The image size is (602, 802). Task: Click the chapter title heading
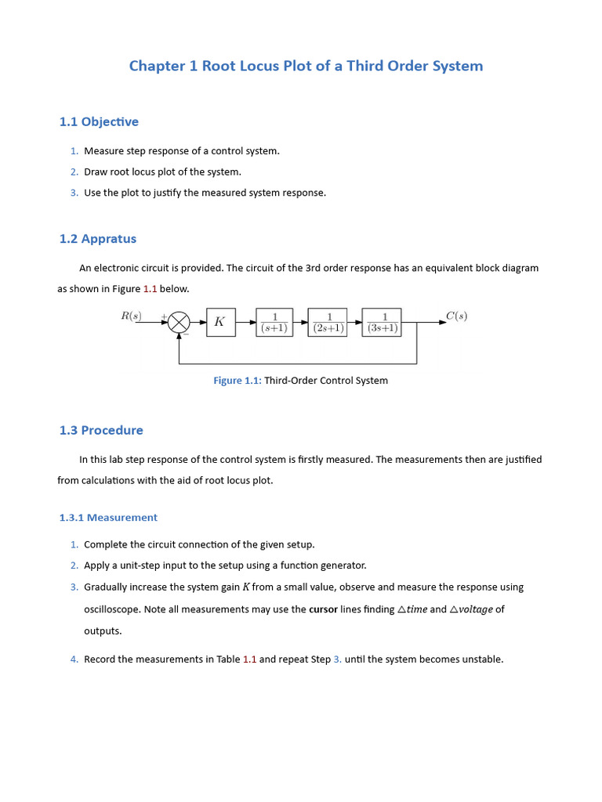306,66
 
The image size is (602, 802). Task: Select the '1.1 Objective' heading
99,121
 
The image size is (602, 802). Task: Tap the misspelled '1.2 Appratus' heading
97,239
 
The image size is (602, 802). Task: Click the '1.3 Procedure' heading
101,430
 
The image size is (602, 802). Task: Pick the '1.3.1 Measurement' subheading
108,518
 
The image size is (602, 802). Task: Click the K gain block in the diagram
220,322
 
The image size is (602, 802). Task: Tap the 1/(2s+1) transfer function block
328,322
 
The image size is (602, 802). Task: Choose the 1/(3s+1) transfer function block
383,322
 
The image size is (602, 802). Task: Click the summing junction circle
180,322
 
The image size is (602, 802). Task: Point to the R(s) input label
131,316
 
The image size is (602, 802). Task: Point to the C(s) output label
456,316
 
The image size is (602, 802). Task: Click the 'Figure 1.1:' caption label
238,381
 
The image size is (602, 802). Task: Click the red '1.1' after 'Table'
249,659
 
